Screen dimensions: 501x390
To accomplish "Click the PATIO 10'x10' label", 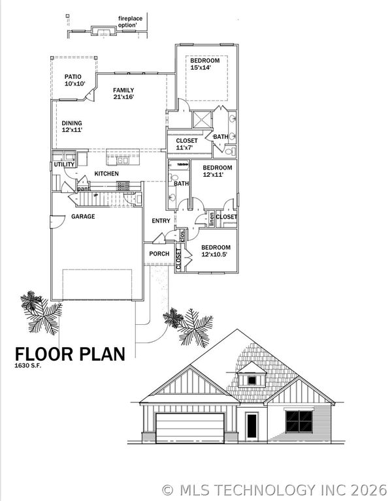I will (74, 80).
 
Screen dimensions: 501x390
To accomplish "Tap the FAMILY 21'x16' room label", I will (123, 93).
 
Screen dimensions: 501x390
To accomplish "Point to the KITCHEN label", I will (106, 174).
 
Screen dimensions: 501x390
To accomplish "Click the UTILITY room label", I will (64, 165).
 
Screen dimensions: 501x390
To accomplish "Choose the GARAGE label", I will (83, 216).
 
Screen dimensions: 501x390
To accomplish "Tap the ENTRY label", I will (161, 220).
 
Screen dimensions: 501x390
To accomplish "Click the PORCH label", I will (159, 254).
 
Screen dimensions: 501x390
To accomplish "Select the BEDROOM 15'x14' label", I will (204, 64).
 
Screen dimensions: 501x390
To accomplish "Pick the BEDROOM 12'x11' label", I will (213, 171).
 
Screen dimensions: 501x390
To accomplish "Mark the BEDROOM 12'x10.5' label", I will (215, 250).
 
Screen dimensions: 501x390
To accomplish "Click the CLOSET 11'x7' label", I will (186, 144).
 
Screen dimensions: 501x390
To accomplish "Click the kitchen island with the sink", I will (123, 160).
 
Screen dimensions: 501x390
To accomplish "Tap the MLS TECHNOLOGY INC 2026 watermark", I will (274, 489).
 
